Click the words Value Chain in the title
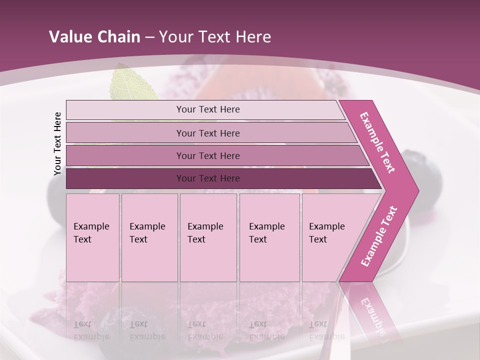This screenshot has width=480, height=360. click(94, 37)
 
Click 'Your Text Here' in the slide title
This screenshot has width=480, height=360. click(215, 37)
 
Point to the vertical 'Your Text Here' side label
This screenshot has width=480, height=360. click(57, 143)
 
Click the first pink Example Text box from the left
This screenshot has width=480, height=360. click(92, 237)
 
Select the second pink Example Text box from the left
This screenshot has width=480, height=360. click(149, 237)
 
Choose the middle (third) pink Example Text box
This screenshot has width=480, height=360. click(208, 237)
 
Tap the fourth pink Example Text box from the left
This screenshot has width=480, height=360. click(269, 237)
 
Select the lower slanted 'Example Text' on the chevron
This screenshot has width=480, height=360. click(379, 236)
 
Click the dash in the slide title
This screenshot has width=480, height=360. click(149, 37)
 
